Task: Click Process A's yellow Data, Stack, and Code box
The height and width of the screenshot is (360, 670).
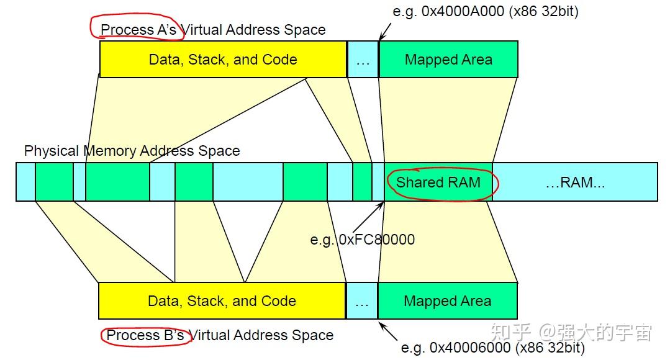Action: pyautogui.click(x=223, y=60)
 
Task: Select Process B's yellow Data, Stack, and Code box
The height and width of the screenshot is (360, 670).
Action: pyautogui.click(x=222, y=301)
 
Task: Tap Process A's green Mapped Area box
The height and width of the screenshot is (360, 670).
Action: pyautogui.click(x=448, y=60)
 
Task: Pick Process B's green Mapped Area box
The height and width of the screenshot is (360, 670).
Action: pyautogui.click(x=447, y=301)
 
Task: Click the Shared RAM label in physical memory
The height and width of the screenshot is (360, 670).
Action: pyautogui.click(x=438, y=182)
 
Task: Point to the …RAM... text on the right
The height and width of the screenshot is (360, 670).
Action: pyautogui.click(x=574, y=182)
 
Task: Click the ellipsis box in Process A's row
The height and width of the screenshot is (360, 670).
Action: pyautogui.click(x=363, y=60)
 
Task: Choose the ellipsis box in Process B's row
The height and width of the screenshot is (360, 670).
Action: pyautogui.click(x=361, y=301)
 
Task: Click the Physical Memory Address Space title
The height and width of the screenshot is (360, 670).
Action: pyautogui.click(x=132, y=151)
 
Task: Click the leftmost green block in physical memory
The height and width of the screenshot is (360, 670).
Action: pyautogui.click(x=54, y=182)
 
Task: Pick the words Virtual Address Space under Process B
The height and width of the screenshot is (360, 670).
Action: pyautogui.click(x=261, y=335)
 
